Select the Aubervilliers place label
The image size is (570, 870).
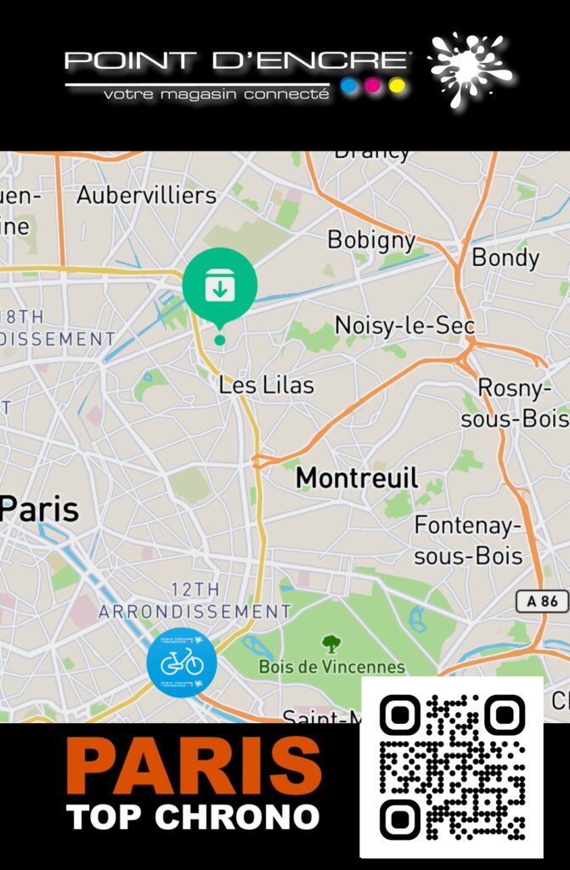coord(146,195)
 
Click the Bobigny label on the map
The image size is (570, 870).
coord(371,240)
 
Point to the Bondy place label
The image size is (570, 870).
coord(505,257)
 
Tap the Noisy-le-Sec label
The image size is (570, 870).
coord(404,325)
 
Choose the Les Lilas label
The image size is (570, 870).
coord(266,385)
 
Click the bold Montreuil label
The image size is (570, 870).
coord(357,478)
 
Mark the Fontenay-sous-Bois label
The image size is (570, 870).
coord(468,541)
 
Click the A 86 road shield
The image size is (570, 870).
coord(542,602)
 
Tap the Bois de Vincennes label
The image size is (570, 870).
coord(332,667)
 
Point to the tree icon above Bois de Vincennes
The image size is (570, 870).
coord(330,643)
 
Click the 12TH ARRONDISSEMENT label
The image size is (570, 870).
coord(195,600)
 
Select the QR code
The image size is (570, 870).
coord(452,766)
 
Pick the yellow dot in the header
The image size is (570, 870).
coord(397,86)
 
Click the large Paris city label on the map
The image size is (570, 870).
coord(39,510)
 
